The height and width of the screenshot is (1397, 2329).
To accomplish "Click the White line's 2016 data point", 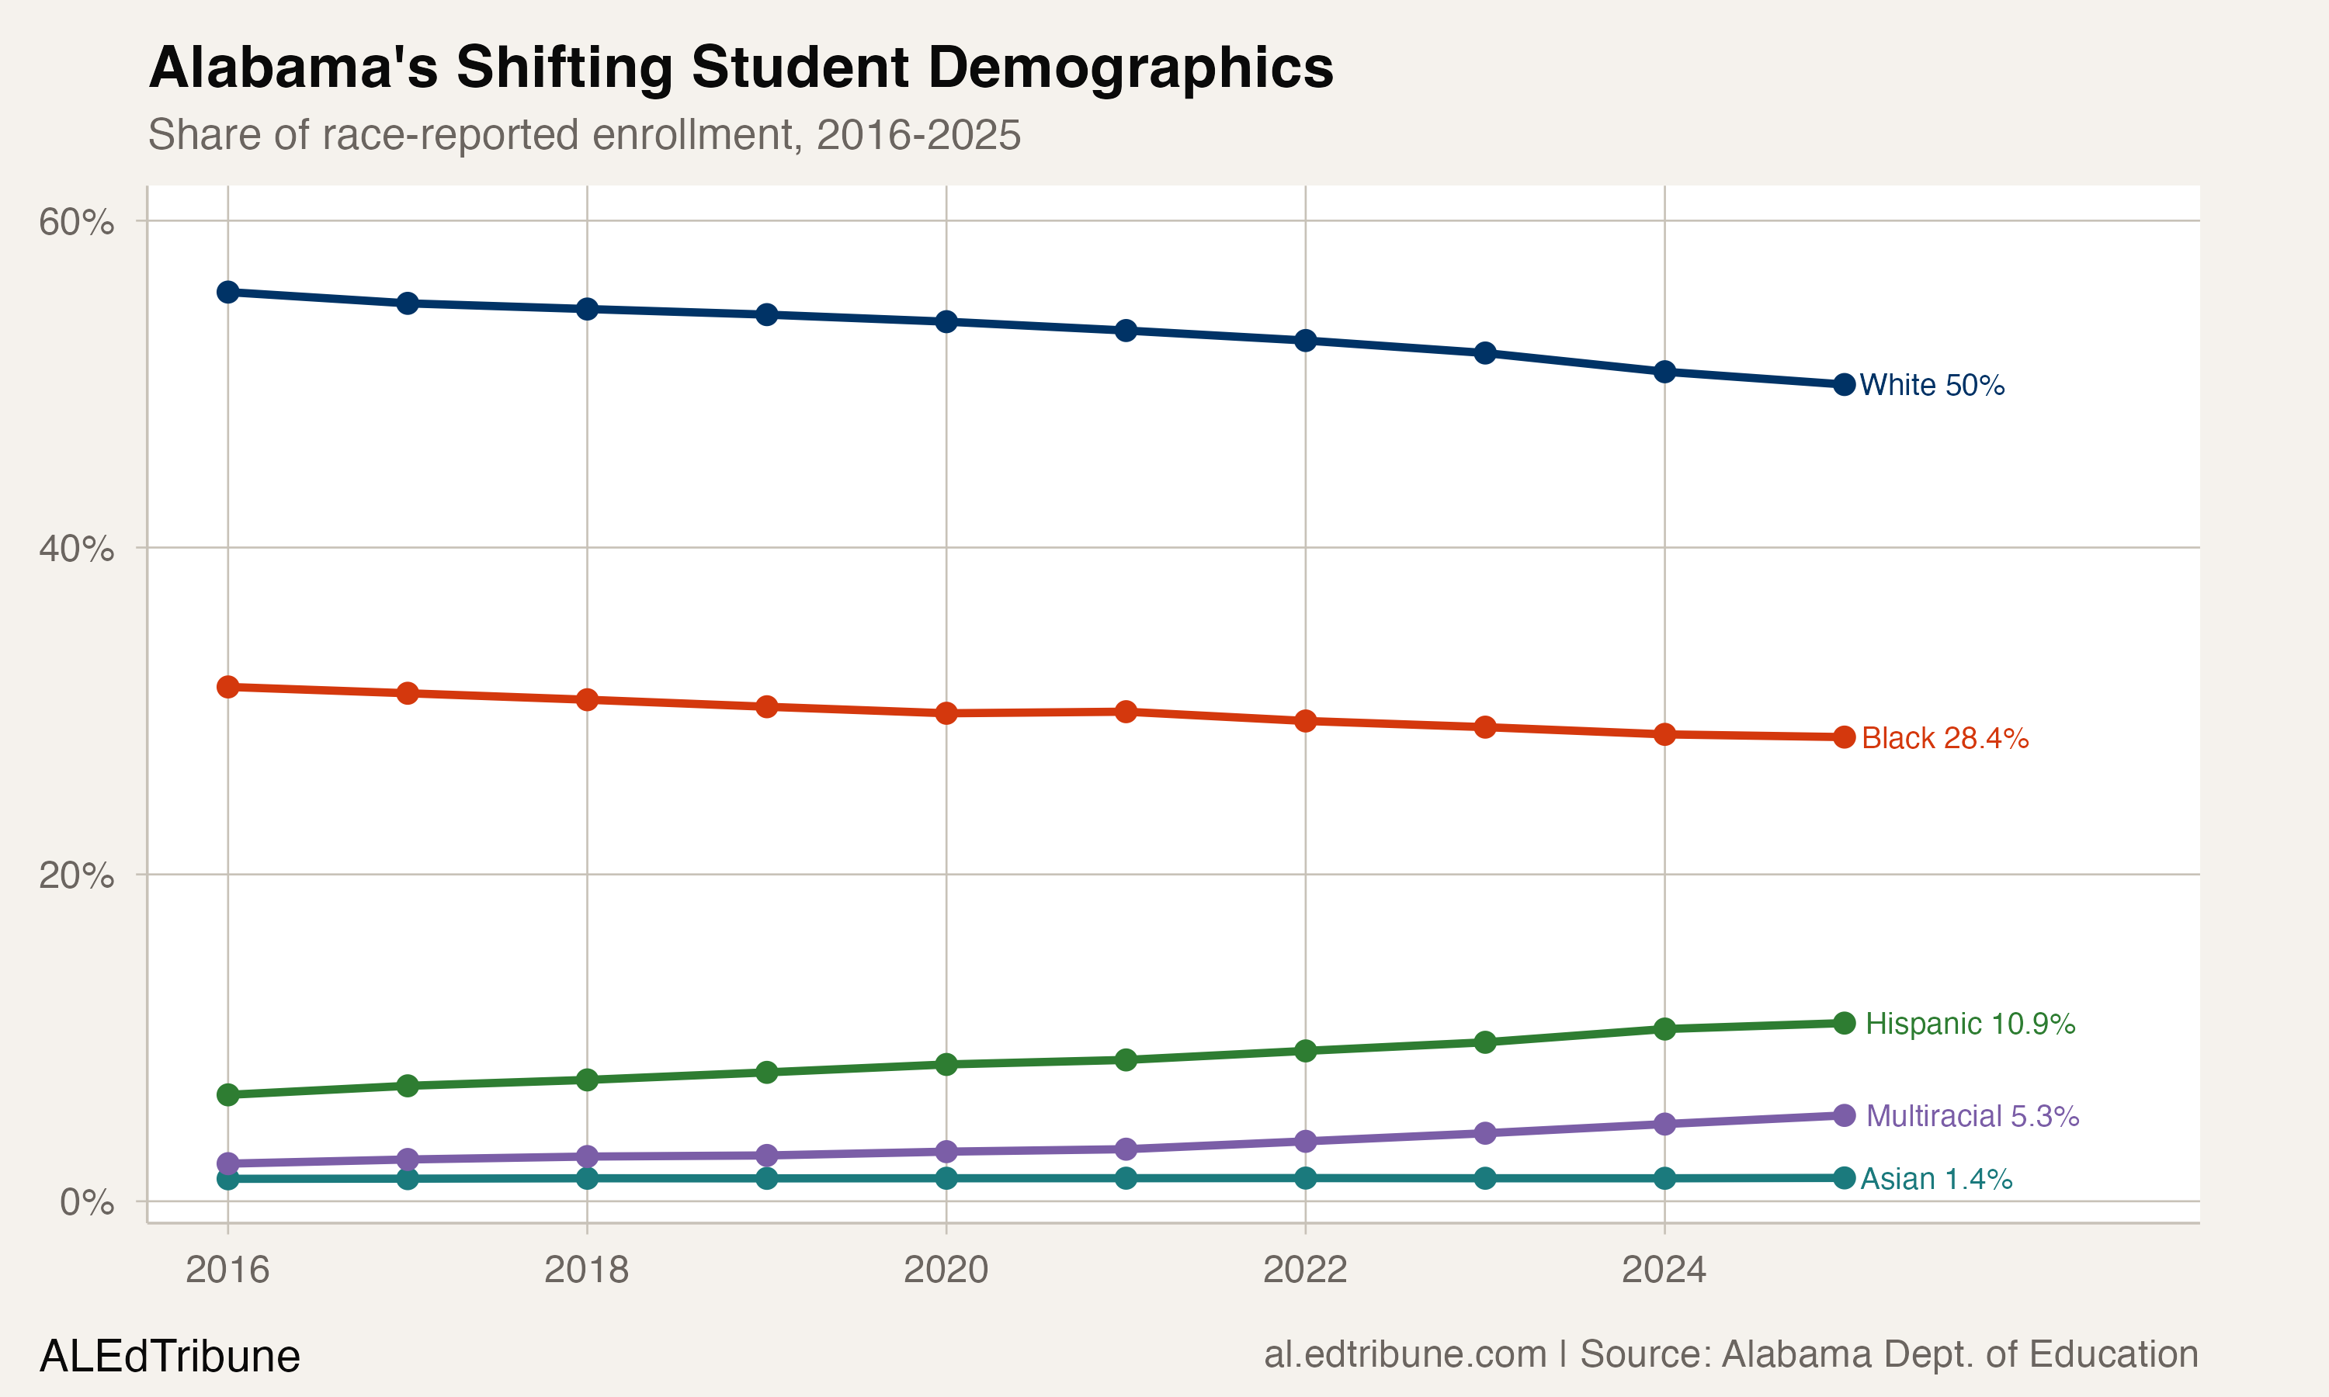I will (227, 292).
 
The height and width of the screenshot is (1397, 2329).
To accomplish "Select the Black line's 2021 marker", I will (1126, 712).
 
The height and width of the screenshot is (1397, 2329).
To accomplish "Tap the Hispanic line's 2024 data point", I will (1664, 1029).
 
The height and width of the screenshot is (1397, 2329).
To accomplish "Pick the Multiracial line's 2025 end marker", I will (1845, 1115).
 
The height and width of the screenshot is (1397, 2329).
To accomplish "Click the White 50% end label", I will (1932, 385).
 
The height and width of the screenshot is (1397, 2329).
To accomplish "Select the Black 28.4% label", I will (1945, 738).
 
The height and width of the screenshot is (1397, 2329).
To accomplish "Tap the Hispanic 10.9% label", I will (1970, 1023).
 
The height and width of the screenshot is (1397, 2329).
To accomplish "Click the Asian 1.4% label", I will (1935, 1179).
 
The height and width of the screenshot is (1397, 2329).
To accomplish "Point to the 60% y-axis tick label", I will (76, 222).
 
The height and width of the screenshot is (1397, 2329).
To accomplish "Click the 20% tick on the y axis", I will (76, 875).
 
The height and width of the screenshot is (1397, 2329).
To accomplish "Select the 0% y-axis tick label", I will (87, 1202).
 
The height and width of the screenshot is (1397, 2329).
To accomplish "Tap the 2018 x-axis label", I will (586, 1270).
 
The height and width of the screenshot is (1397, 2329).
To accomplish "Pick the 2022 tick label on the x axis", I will (1305, 1270).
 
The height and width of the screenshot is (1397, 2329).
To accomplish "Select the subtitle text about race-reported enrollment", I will (584, 134).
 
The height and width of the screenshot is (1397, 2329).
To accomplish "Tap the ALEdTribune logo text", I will (169, 1357).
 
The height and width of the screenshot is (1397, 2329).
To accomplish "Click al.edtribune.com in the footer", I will (1404, 1354).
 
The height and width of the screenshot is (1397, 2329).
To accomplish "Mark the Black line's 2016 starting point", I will (227, 687).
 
